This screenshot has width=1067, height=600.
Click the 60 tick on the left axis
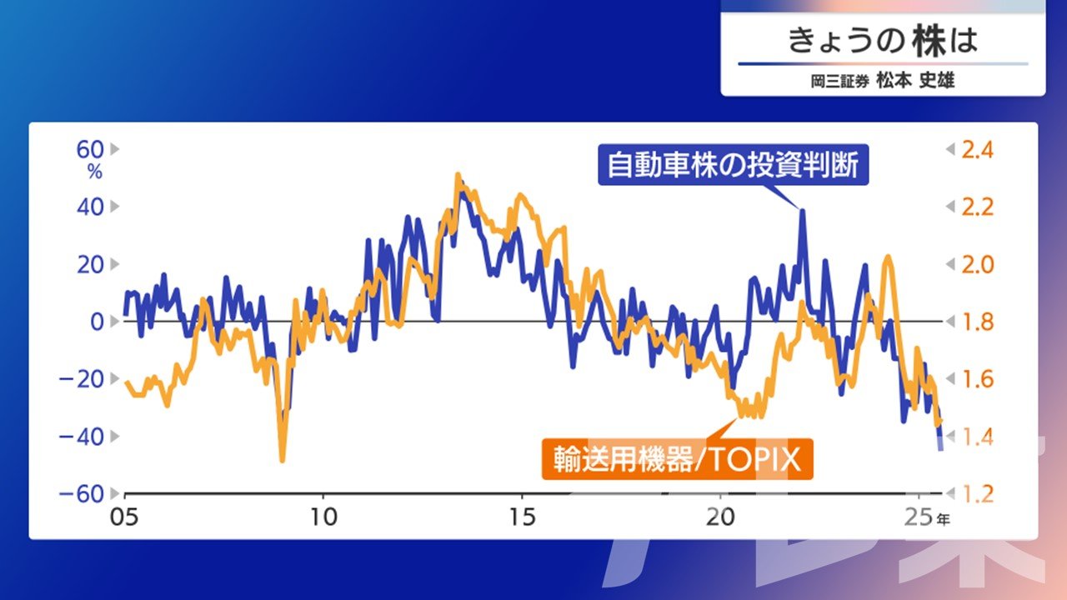[91, 149]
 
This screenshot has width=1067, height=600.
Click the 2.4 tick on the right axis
[978, 149]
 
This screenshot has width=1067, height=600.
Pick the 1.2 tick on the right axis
[978, 493]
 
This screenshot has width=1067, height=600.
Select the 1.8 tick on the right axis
[978, 322]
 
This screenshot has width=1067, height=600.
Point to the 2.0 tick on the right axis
[978, 264]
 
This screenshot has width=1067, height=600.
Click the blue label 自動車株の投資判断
[733, 165]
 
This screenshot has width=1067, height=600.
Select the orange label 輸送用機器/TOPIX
[677, 459]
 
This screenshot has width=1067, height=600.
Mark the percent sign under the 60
[94, 172]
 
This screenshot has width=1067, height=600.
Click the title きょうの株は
[882, 41]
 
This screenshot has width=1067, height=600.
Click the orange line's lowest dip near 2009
[282, 459]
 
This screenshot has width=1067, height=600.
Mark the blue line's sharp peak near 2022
[802, 210]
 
